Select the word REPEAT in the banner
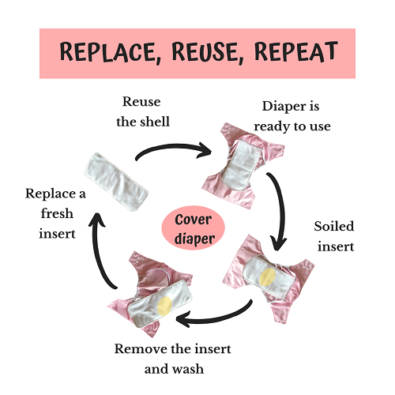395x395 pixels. tap(295, 51)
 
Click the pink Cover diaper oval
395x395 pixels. tap(193, 228)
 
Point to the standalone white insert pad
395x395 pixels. tap(116, 182)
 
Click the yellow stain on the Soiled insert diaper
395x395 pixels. tap(267, 277)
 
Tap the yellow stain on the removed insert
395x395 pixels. tap(164, 306)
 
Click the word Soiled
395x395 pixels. tap(333, 227)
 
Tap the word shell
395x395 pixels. tap(155, 122)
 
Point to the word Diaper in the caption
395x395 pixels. tap(280, 107)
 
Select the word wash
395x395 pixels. tap(188, 369)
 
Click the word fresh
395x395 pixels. tap(57, 213)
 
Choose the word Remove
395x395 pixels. tap(141, 349)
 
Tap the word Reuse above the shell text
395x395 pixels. tap(141, 102)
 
